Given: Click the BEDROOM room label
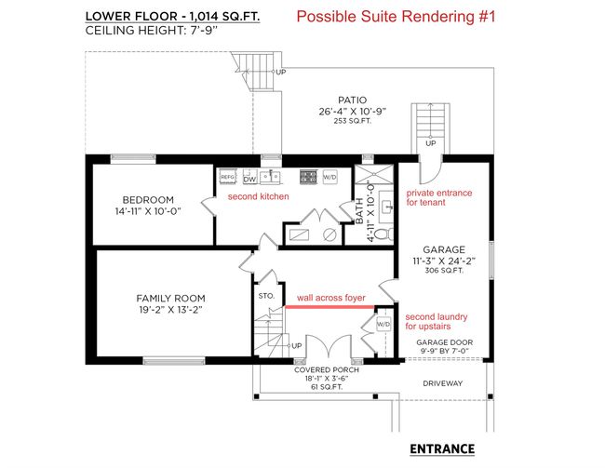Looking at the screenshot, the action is click(x=148, y=200).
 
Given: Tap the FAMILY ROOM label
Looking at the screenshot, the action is click(x=170, y=299).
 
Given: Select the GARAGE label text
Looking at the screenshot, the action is click(x=444, y=249).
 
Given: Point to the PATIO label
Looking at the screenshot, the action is click(x=352, y=100).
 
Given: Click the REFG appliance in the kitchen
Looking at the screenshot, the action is click(x=227, y=177).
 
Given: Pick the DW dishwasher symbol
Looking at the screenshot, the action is click(x=249, y=179).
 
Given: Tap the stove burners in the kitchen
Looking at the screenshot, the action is click(x=308, y=177).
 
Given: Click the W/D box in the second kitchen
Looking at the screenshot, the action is click(x=329, y=177).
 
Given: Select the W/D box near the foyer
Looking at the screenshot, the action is click(x=383, y=324).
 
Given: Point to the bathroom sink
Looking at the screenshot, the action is click(x=385, y=207).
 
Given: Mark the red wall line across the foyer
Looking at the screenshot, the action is click(x=329, y=307).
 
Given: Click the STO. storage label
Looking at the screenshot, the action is click(x=266, y=296).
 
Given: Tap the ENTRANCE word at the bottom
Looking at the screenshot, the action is click(x=442, y=448).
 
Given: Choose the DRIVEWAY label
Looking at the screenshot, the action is click(x=442, y=383).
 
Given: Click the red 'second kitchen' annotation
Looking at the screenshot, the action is click(x=258, y=196).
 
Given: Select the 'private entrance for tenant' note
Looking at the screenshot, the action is click(x=439, y=197).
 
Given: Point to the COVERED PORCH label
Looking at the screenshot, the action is click(x=327, y=369).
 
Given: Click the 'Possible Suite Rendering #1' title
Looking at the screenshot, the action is click(x=396, y=17).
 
